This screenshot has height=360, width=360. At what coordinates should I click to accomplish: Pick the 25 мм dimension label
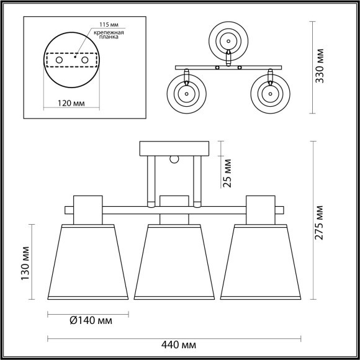pyautogui.click(x=227, y=172)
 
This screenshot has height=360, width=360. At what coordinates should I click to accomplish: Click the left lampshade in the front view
pyautogui.click(x=88, y=262)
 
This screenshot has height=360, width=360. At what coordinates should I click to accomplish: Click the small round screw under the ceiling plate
pyautogui.click(x=175, y=159)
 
